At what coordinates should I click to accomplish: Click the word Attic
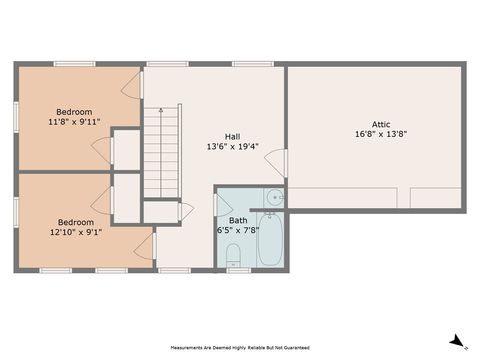[x=374, y=123]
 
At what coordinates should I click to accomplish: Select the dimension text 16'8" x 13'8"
[x=381, y=134]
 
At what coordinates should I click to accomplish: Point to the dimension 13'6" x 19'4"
[x=231, y=147]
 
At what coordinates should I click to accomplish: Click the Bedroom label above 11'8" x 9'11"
[x=74, y=111]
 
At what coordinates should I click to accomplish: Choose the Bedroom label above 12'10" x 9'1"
[x=75, y=222]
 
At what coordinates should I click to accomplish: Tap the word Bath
[x=238, y=219]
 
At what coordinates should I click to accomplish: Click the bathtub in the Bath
[x=268, y=239]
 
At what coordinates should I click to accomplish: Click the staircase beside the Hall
[x=160, y=150]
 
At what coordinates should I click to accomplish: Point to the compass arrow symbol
[x=457, y=341]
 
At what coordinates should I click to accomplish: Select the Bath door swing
[x=223, y=204]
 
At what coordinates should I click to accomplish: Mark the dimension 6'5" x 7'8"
[x=238, y=231]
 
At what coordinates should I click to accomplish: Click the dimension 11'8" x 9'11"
[x=74, y=123]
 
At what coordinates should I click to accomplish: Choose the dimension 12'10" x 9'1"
[x=75, y=233]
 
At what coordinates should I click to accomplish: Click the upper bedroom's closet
[x=126, y=149]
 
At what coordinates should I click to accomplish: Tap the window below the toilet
[x=234, y=271]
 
